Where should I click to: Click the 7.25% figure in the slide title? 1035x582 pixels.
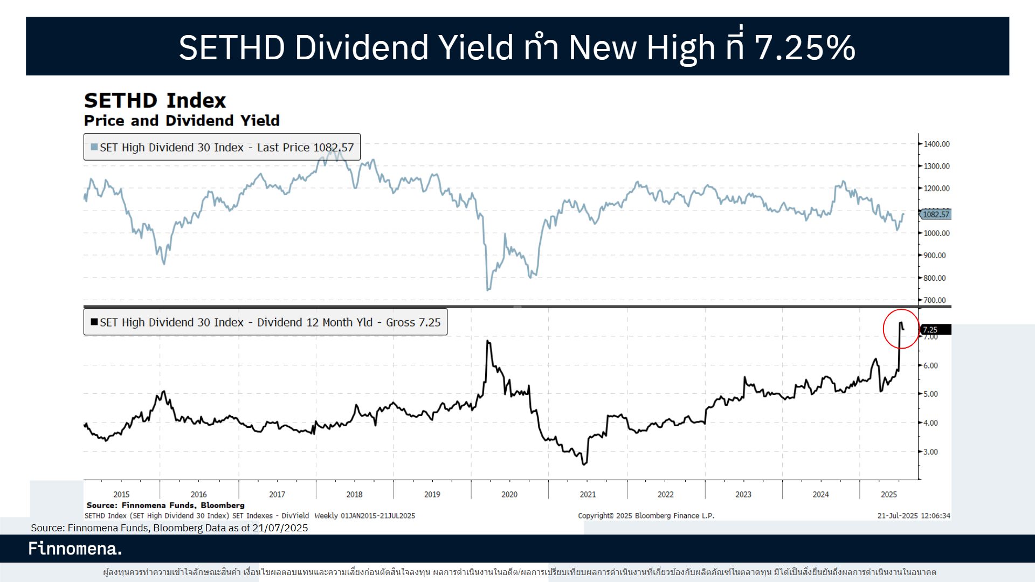[804, 47]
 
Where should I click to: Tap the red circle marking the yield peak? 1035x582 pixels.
[901, 329]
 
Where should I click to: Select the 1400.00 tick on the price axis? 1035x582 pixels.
[936, 144]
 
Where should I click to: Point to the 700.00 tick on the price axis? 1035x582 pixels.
[934, 300]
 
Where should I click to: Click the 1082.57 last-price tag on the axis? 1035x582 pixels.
[936, 214]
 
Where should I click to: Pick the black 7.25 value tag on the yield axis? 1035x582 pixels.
[935, 329]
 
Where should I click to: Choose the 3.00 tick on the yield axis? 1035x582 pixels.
[930, 452]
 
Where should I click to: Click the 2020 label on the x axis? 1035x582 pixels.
[509, 494]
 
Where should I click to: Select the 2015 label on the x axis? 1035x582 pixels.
[121, 494]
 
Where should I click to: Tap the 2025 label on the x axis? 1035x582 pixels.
[889, 494]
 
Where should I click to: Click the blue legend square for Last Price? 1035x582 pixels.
[94, 147]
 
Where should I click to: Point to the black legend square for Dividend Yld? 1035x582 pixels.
[94, 322]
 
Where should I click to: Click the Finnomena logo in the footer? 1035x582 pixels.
[75, 549]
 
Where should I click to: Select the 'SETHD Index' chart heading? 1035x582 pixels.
[155, 101]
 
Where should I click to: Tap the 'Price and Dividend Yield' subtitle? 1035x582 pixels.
[182, 121]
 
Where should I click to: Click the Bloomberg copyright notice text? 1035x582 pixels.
[646, 516]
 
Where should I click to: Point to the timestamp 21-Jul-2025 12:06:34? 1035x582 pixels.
[914, 516]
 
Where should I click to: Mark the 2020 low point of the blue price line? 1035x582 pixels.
[488, 290]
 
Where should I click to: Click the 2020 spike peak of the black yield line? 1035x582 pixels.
[488, 341]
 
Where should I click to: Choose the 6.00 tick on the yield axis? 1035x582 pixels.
[930, 365]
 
